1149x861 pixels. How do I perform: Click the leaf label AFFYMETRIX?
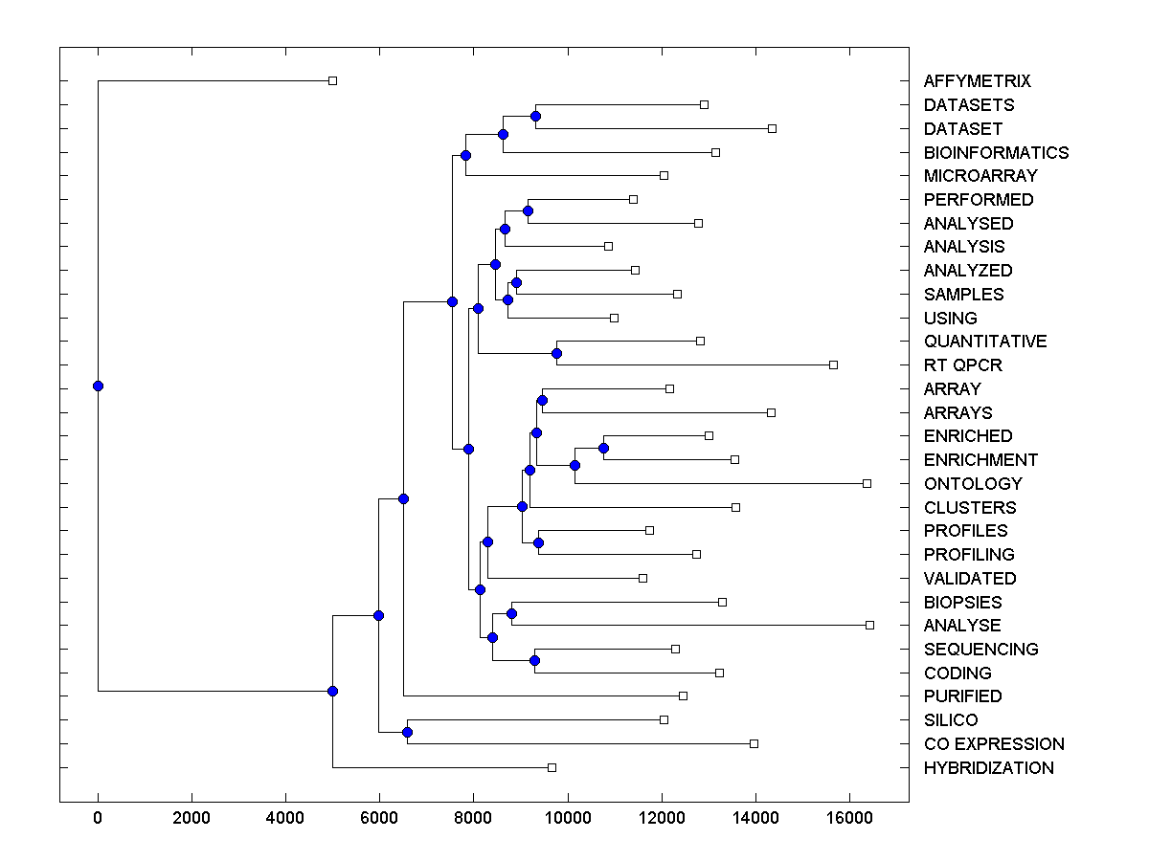[977, 82]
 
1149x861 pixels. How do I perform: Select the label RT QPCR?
[962, 365]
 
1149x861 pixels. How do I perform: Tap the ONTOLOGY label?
[973, 484]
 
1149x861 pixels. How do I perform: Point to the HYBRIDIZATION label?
[988, 768]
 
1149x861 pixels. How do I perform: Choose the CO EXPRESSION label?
[994, 744]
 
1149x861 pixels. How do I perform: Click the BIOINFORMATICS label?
[996, 153]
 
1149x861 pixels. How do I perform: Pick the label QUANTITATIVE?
[985, 342]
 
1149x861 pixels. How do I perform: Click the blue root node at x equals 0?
[98, 386]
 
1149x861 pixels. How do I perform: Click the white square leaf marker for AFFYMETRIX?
[332, 81]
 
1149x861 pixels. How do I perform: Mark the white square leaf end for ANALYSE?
[869, 625]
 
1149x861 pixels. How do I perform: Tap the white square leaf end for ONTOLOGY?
[867, 483]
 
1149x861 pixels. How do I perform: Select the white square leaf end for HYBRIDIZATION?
[552, 767]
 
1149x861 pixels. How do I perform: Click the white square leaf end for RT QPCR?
[833, 364]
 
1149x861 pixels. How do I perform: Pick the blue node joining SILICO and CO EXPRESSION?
[407, 732]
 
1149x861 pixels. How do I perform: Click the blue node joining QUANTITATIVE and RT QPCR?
[556, 353]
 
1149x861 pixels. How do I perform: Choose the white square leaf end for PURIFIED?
[683, 695]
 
